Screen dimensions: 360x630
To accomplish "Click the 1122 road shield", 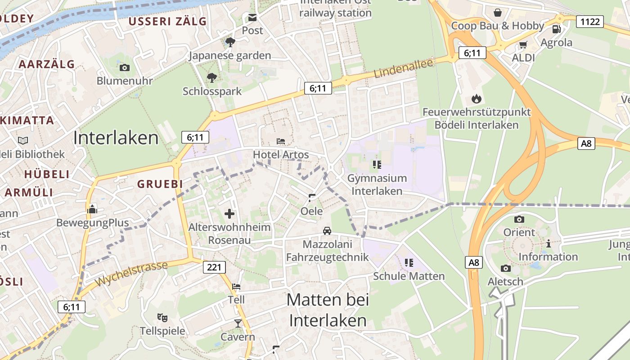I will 590,21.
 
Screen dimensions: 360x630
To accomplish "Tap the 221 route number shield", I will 214,267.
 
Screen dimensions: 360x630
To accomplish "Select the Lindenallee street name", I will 403,69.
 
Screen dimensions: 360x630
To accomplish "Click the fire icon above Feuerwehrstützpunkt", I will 476,99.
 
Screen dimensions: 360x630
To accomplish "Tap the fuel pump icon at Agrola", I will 556,29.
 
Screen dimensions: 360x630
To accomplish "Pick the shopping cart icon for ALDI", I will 523,45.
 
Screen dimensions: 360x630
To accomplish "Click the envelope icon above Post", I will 252,18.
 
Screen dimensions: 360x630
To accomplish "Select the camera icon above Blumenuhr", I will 125,68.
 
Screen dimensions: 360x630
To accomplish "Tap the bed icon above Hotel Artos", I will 281,141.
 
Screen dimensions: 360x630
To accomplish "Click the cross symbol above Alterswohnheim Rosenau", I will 229,213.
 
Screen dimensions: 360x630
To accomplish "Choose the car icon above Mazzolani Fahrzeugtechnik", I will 327,231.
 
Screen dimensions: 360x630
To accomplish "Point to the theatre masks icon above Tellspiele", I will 162,318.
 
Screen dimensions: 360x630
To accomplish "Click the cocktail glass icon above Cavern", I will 238,323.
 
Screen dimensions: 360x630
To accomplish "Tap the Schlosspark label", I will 212,91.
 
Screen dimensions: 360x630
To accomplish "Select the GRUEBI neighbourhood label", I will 160,184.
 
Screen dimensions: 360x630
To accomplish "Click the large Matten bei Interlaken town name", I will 328,310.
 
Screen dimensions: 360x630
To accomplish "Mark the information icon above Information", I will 548,243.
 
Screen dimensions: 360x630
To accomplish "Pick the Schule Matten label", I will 409,276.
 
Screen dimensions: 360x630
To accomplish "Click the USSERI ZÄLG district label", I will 167,21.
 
